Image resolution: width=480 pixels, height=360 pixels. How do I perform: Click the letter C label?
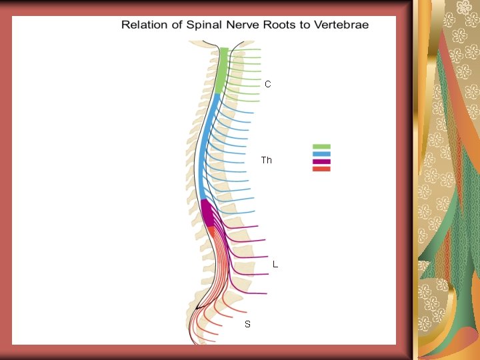tap(267, 85)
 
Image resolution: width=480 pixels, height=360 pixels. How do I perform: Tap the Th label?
tap(267, 160)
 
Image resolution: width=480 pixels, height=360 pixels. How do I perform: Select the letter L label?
tap(275, 265)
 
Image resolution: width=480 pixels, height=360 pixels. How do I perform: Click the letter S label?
tap(247, 324)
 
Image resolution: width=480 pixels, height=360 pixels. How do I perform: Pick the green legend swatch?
tap(321, 147)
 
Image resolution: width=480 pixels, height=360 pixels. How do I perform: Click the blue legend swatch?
tap(321, 154)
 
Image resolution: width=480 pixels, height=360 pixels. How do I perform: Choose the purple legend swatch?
tap(321, 161)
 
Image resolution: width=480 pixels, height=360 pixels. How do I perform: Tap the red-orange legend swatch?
tap(321, 169)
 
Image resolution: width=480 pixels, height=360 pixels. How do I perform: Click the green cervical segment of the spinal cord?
tap(221, 70)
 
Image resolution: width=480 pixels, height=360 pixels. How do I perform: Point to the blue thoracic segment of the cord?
tap(206, 147)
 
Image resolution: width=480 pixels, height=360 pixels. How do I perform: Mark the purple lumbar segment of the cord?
tap(207, 214)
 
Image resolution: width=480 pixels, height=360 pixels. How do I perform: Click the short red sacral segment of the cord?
tap(211, 230)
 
